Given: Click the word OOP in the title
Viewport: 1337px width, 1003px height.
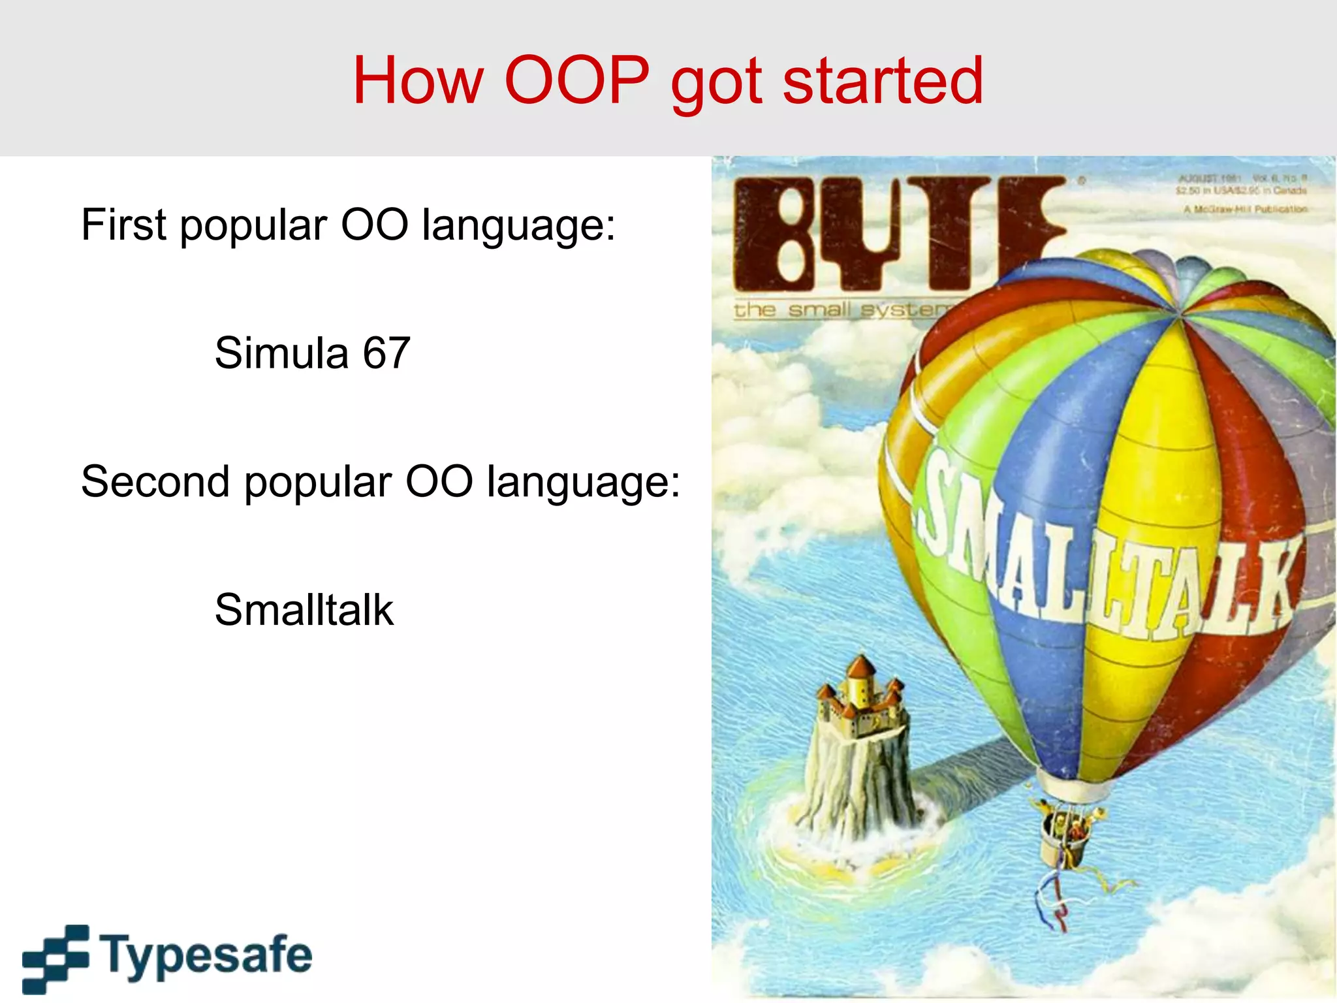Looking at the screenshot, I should coord(577,80).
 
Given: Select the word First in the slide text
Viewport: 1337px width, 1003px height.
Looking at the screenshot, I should coord(123,225).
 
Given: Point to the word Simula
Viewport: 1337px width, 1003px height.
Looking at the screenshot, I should coord(281,353).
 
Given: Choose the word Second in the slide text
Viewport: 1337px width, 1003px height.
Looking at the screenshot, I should coord(155,482).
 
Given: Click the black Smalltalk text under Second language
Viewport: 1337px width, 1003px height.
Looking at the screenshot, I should coord(304,610).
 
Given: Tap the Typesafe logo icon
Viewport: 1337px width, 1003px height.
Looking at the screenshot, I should coord(55,958).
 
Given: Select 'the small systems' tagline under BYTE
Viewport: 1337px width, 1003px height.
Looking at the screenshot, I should coord(842,309).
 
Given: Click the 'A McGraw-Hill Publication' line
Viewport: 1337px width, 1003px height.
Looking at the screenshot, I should coord(1246,210).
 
